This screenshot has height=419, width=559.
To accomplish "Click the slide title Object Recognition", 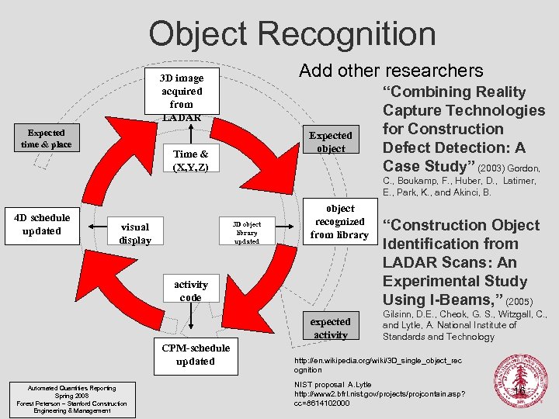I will coord(292,33).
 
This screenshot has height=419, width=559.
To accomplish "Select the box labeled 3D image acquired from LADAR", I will coord(181,97).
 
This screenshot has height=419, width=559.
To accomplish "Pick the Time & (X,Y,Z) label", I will coord(190,161).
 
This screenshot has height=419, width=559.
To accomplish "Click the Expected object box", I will coord(331,141).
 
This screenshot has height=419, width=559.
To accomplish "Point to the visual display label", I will coord(134,234).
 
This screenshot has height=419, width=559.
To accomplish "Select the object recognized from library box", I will coord(339,222).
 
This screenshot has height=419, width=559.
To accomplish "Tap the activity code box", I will coord(190,291).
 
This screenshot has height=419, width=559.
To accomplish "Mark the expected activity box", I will coord(331,327).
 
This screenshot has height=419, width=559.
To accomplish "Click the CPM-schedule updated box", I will coord(195,355).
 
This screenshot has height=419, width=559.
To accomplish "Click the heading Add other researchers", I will coord(391,70).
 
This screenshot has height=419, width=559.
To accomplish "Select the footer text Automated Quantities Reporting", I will coord(71,388).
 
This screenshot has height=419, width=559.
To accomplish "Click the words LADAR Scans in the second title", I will coord(430,262).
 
